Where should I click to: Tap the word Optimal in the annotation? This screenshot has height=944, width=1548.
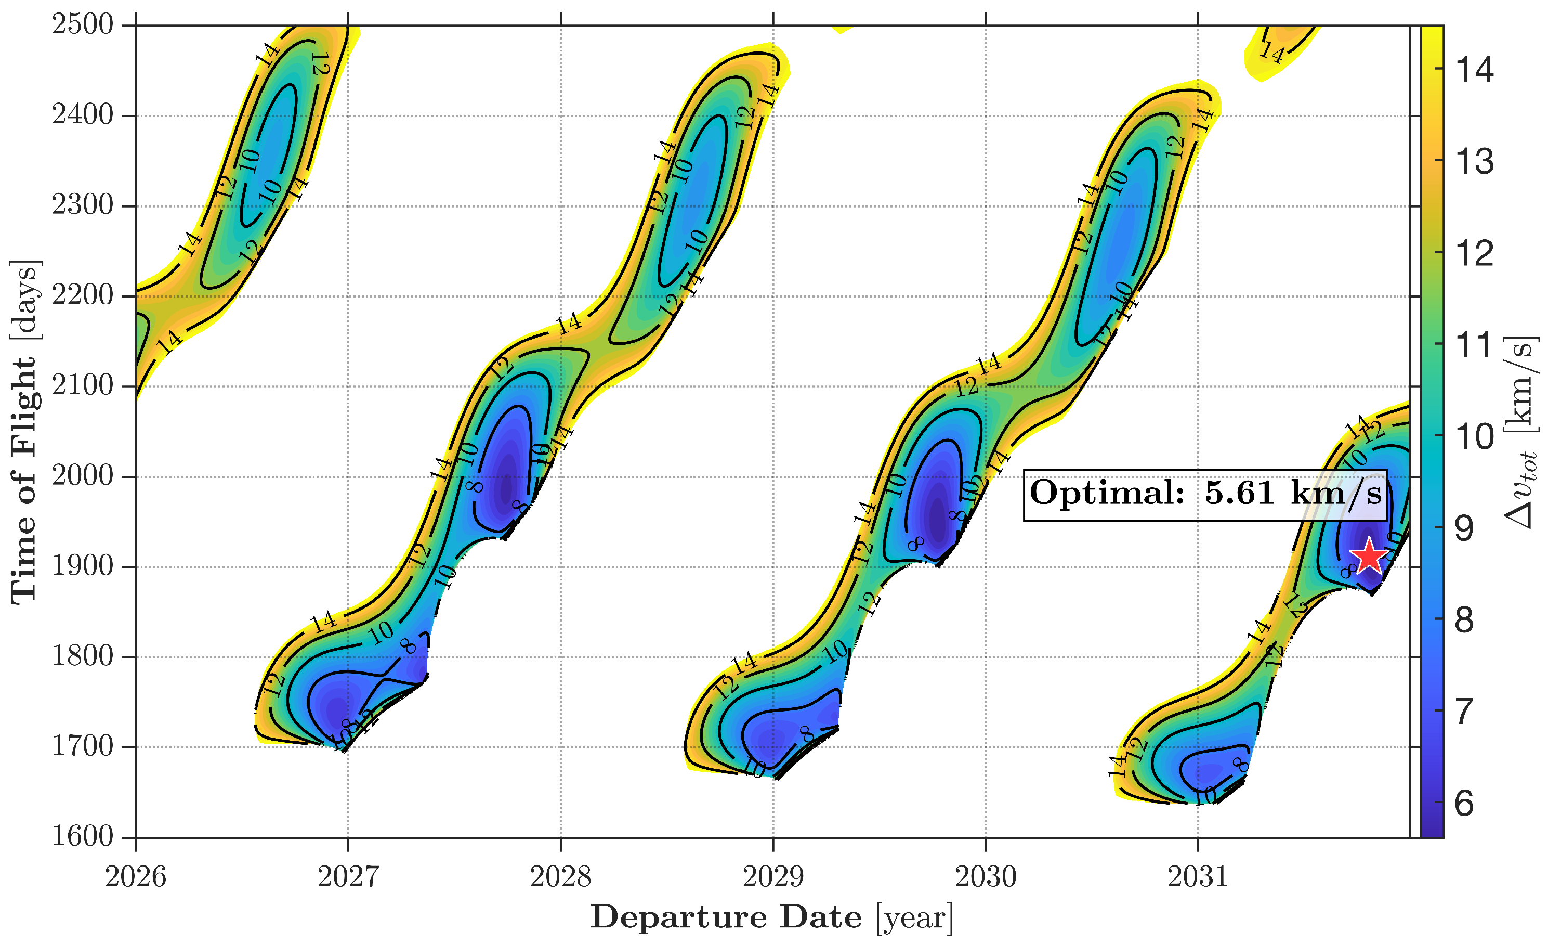click(1107, 492)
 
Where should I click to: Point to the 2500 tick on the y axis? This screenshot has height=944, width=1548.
click(82, 25)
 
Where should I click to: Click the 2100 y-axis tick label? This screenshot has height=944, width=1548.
click(82, 385)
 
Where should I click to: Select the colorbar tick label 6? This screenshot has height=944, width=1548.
click(1464, 803)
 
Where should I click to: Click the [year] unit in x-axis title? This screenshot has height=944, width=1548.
click(914, 918)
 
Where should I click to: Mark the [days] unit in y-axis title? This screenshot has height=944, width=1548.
click(25, 299)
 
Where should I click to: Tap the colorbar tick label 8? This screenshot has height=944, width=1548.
click(1464, 620)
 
